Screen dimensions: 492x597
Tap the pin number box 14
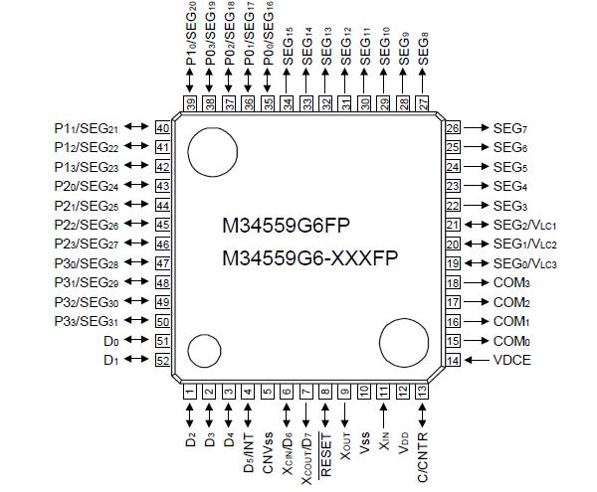tap(453, 360)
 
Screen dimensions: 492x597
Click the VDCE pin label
tap(512, 360)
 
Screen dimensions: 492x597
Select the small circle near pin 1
tap(204, 352)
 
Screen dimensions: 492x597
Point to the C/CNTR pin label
tap(423, 452)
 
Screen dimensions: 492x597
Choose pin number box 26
tap(453, 128)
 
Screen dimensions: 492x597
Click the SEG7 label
tap(510, 128)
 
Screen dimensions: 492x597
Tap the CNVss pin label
tap(268, 449)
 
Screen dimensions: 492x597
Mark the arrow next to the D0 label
tap(138, 340)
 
